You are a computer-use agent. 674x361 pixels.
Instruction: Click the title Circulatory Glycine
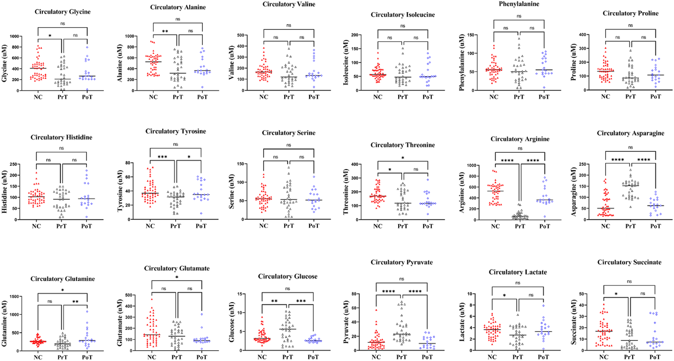[62, 12]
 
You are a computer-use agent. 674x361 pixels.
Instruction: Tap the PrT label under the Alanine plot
[178, 97]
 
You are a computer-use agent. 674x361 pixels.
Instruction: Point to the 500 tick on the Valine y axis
[240, 35]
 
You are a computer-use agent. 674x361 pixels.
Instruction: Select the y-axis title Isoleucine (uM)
[346, 63]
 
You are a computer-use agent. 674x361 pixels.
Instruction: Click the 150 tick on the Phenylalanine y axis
[471, 35]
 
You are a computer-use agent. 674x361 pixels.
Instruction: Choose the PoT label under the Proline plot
[655, 97]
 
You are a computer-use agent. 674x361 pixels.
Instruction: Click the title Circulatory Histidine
[61, 137]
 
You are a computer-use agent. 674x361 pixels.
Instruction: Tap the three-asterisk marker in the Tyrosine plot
[162, 157]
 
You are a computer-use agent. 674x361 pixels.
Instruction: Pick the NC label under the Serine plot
[263, 226]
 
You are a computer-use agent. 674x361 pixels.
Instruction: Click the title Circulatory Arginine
[520, 139]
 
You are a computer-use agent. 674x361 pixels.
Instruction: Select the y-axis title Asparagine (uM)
[574, 192]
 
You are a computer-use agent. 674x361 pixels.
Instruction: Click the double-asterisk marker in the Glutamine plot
[76, 302]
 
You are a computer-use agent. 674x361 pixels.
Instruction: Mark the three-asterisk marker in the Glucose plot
[301, 301]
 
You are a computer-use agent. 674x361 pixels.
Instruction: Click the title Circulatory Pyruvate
[401, 262]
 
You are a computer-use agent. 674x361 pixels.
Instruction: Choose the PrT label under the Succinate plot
[629, 357]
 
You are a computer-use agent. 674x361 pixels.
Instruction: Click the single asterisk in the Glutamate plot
[177, 277]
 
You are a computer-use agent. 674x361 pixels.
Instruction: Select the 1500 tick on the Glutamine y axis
[14, 297]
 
